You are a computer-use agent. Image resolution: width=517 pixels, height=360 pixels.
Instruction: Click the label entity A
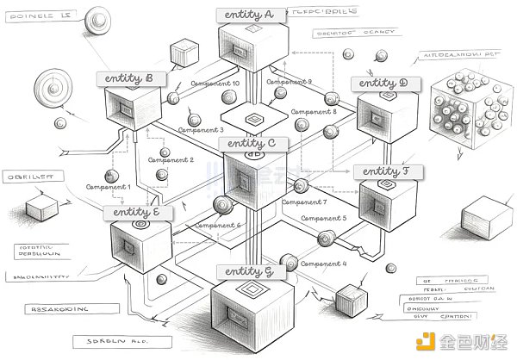pos(247,16)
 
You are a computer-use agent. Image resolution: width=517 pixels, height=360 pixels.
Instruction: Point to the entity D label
pos(384,84)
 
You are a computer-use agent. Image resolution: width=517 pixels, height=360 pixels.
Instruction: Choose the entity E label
pos(138,212)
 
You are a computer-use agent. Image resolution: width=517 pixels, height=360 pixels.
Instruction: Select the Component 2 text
pos(171,160)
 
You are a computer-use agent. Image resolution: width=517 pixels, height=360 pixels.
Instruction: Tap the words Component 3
pos(201,130)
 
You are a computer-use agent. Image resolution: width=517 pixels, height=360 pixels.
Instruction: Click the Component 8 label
pos(315,112)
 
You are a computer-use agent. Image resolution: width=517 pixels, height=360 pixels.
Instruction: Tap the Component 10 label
pos(215,84)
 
